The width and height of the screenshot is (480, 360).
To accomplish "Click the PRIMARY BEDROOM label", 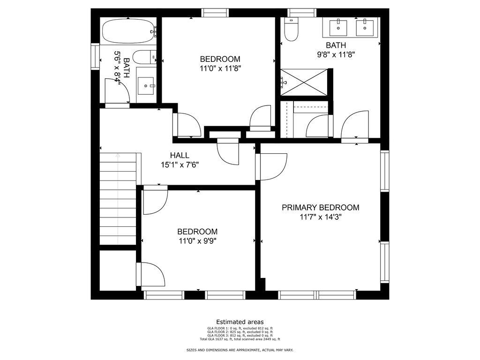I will (320, 207).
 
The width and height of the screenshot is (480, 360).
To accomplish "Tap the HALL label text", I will (180, 155).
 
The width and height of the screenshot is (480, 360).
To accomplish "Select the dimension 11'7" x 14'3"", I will (320, 217).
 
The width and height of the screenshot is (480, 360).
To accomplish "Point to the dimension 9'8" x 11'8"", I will (336, 54).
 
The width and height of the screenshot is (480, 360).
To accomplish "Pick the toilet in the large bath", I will (292, 29).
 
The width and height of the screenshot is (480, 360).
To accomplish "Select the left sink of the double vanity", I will (337, 28).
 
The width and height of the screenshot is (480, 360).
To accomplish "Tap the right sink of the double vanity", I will (364, 28).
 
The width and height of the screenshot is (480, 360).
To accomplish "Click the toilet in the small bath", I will (143, 58).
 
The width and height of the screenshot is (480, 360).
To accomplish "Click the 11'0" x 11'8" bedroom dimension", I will (220, 68).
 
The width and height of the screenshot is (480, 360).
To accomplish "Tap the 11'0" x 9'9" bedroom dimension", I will (197, 241).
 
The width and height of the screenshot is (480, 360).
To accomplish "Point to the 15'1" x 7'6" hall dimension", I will (180, 165).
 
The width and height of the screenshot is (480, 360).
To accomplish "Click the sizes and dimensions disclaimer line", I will (240, 350).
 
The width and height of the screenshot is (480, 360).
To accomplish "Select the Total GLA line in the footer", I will (240, 339).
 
